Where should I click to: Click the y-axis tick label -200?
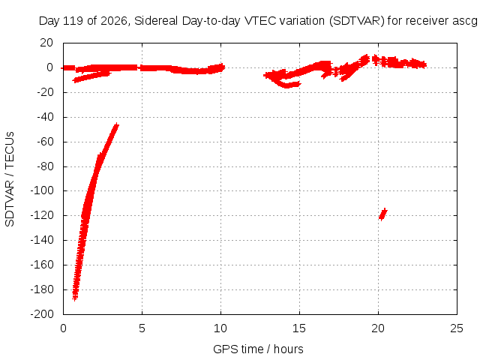(x=42, y=314)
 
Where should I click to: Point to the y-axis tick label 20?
(x=46, y=43)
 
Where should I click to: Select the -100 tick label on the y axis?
(x=42, y=190)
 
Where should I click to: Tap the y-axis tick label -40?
(x=45, y=117)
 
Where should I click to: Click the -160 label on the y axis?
(x=42, y=265)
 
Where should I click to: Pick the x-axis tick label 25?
(x=457, y=328)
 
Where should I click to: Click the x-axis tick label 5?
(x=142, y=328)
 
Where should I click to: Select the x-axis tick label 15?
(x=299, y=328)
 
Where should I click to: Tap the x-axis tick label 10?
(x=220, y=328)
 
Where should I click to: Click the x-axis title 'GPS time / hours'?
(x=258, y=349)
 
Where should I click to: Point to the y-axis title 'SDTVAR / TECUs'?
(x=10, y=179)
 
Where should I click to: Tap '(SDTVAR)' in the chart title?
(x=357, y=21)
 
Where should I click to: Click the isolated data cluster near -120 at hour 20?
(x=382, y=214)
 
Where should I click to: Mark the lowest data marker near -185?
(x=75, y=298)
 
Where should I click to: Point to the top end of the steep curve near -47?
(x=116, y=125)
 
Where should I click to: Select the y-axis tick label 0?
(x=50, y=67)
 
